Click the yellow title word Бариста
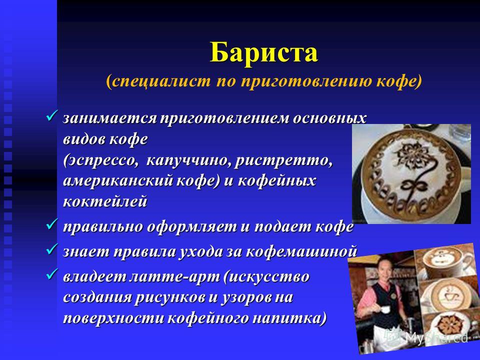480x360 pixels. (x=264, y=52)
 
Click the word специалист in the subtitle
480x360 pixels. (x=161, y=81)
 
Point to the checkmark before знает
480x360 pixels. (x=51, y=249)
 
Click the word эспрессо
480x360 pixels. (x=101, y=161)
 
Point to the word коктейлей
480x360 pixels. (x=105, y=201)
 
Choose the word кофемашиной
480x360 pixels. (x=301, y=251)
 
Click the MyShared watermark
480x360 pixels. (x=428, y=336)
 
